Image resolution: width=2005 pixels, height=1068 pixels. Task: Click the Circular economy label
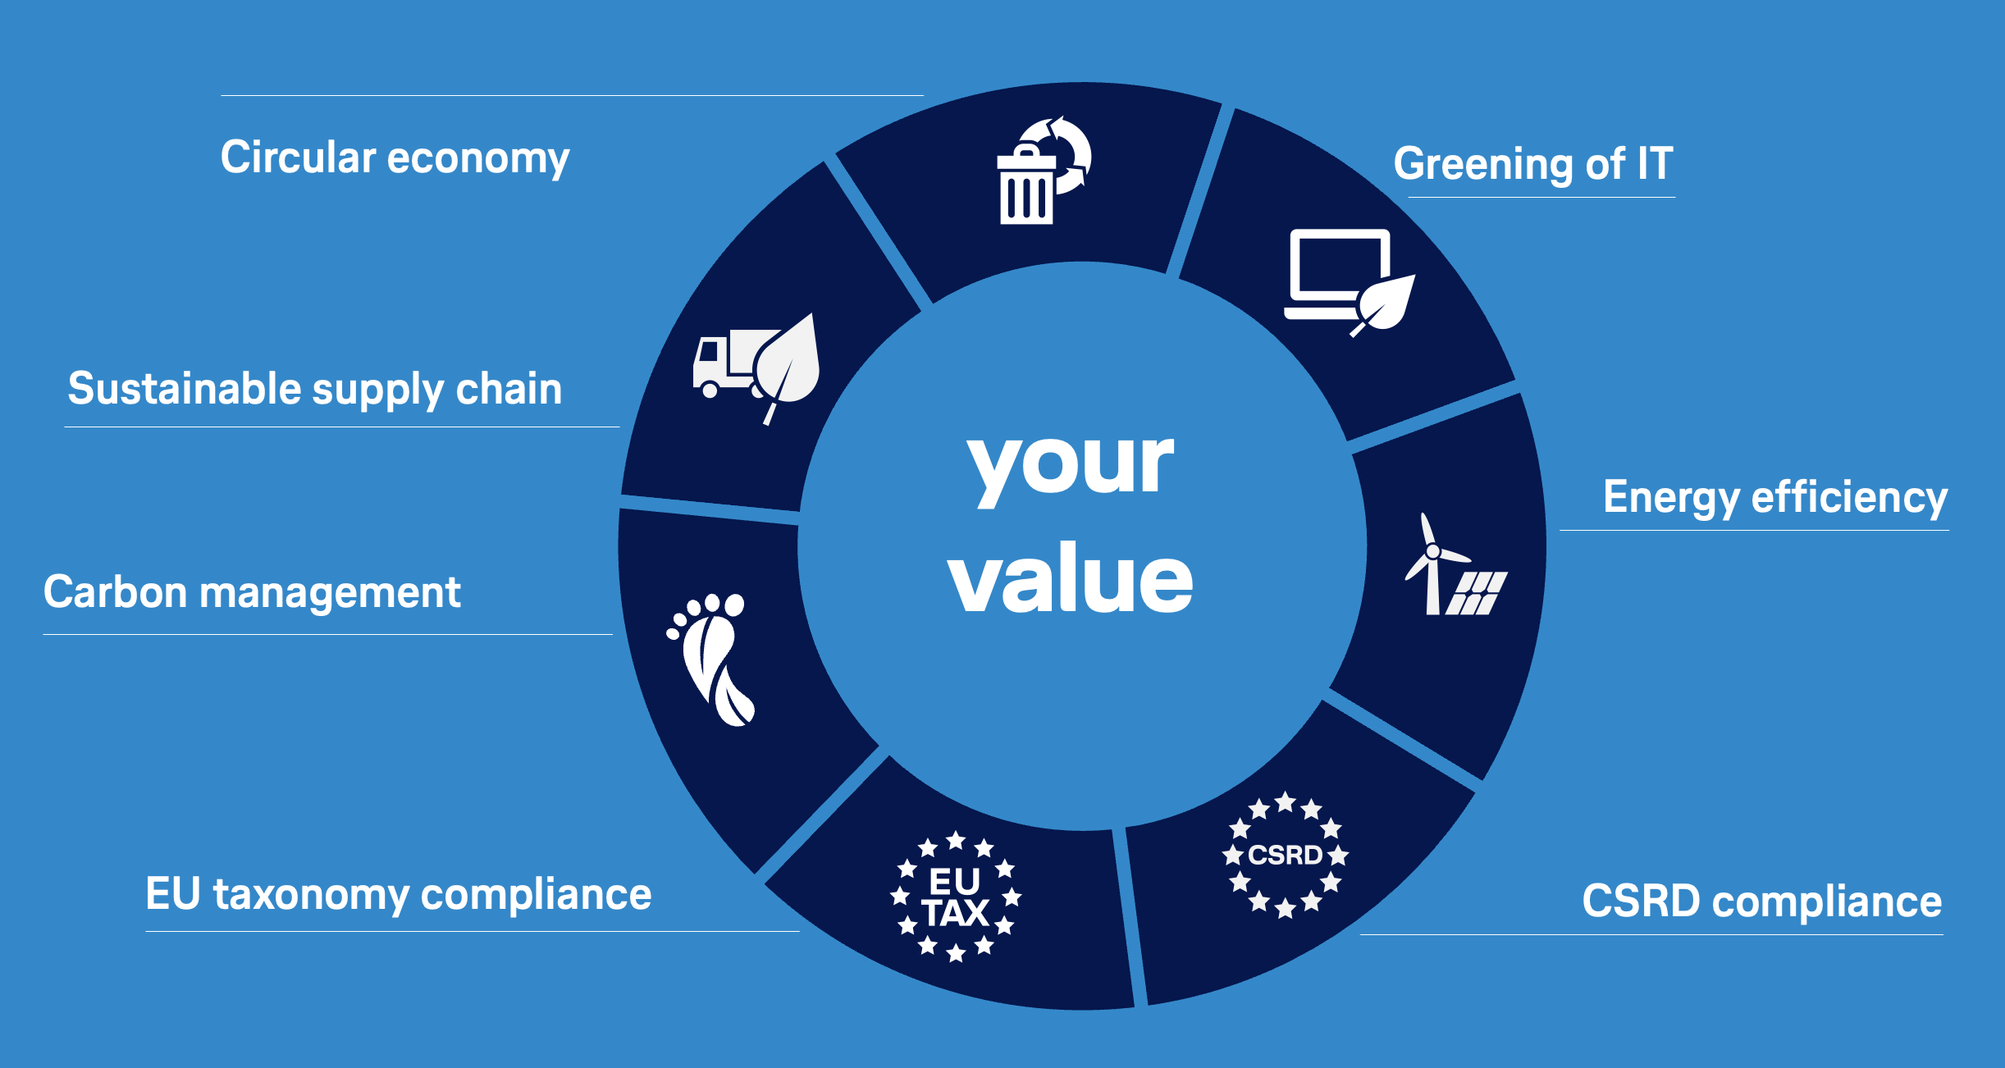click(x=395, y=158)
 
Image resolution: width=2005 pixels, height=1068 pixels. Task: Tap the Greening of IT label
click(x=1533, y=164)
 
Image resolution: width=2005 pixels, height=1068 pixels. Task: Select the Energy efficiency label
click(x=1775, y=498)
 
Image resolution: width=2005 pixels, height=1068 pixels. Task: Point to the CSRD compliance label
click(x=1761, y=901)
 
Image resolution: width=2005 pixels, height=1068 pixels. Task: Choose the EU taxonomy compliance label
click(x=399, y=895)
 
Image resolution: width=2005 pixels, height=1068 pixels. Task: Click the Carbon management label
click(x=252, y=592)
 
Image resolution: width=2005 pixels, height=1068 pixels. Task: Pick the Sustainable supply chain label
click(x=315, y=389)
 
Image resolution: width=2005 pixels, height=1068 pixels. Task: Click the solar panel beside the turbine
click(x=1477, y=593)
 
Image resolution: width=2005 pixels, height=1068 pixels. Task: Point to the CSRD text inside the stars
click(x=1285, y=856)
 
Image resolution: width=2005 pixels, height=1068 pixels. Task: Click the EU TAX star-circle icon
click(x=956, y=897)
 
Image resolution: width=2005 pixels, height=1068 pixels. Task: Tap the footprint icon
click(x=710, y=660)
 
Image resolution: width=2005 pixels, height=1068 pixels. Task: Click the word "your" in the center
click(x=1071, y=463)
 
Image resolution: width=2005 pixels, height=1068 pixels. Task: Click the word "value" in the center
click(x=1071, y=577)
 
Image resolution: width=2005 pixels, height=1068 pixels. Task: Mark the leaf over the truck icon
click(x=786, y=364)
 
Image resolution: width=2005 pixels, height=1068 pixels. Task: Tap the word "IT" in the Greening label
click(x=1656, y=163)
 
